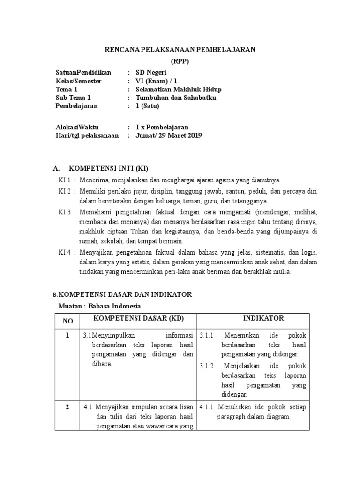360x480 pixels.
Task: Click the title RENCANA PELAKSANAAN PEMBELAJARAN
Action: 180,50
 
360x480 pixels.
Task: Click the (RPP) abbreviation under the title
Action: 180,62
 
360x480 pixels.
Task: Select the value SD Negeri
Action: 150,73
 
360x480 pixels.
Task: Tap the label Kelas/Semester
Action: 78,81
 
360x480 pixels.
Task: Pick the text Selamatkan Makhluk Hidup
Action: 179,90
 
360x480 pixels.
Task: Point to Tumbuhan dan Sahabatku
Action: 176,98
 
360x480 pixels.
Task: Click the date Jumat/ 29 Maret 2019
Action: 169,136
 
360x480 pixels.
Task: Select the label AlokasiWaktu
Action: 77,127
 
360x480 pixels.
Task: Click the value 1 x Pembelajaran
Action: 162,127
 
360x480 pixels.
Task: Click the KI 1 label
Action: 64,180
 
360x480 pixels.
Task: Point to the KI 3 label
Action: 64,212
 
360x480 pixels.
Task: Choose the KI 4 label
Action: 64,252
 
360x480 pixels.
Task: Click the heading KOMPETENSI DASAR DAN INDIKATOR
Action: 124,294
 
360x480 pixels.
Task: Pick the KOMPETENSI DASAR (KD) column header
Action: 139,318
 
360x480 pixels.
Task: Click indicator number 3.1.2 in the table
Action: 207,366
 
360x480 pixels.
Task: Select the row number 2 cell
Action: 67,407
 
